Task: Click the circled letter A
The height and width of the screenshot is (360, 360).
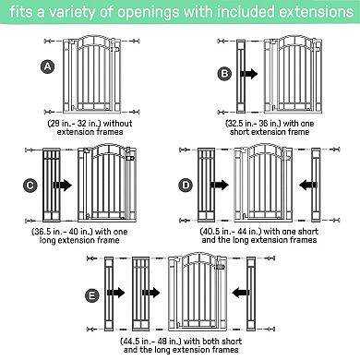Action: coord(47,66)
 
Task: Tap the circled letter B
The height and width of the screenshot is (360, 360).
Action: coord(225,74)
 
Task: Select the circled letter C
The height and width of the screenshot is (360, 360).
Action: coord(30,186)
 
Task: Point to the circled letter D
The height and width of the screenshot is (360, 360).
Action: coord(186,186)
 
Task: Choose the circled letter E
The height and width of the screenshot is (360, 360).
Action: coord(92,295)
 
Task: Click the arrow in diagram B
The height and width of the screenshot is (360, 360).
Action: coord(248,74)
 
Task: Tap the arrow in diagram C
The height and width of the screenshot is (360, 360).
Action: coord(63,185)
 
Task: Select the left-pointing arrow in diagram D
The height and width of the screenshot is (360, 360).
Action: coord(307,186)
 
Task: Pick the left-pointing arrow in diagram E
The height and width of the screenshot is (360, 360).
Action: coord(241,293)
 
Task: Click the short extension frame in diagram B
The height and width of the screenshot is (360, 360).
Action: coord(241,76)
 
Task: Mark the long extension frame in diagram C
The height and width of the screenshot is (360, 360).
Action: coord(52,185)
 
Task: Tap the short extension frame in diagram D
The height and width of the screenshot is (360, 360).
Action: coord(316,185)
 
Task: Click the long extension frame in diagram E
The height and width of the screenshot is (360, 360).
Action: coord(141,294)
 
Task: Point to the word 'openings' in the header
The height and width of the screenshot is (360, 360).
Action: coord(148,12)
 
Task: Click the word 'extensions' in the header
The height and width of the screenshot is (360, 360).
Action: coord(316,12)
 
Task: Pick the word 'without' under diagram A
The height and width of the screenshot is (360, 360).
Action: coord(117,124)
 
